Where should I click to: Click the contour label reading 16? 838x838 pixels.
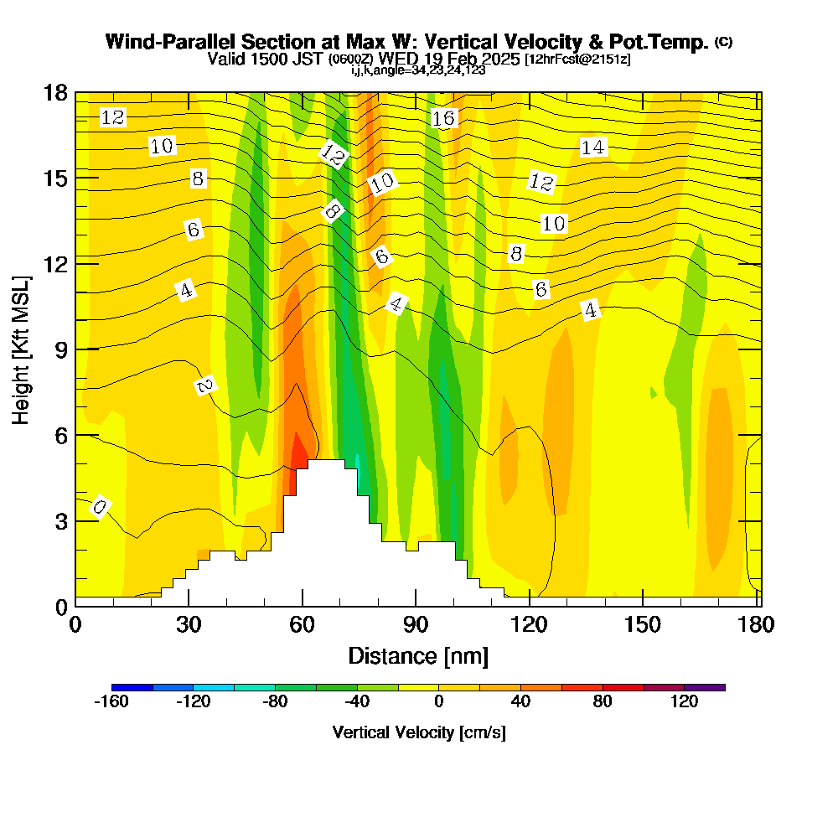[443, 118]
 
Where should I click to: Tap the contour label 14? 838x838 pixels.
[592, 147]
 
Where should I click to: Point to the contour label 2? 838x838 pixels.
[204, 385]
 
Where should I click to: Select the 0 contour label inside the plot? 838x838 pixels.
[100, 507]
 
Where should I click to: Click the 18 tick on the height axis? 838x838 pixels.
[55, 92]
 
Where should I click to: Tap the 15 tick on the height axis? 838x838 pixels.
[55, 178]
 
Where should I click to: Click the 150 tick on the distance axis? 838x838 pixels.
[642, 625]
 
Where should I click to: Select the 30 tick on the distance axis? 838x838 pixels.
[189, 625]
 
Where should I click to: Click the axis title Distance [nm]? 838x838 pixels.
[418, 654]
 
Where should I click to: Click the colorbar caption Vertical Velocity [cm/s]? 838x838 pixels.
[419, 732]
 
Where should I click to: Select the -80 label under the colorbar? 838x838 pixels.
[275, 702]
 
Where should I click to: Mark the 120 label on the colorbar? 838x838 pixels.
[685, 702]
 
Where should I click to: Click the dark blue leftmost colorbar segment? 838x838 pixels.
[132, 687]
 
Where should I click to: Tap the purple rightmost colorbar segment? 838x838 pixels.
[706, 687]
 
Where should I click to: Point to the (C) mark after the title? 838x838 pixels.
[723, 42]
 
